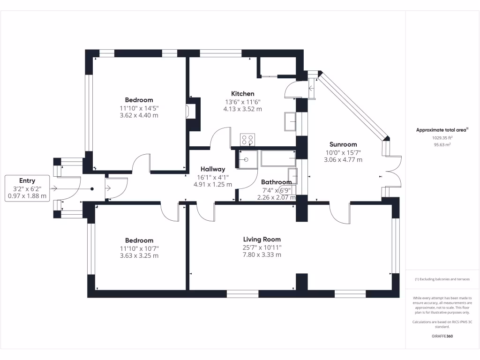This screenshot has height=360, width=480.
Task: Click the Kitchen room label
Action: [x=242, y=94]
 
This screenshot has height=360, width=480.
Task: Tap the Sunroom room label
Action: [x=343, y=144]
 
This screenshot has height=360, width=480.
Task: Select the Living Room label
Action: [x=262, y=240]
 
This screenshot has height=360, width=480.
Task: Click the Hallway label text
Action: [x=213, y=169]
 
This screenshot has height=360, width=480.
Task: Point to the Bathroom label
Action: [x=276, y=182]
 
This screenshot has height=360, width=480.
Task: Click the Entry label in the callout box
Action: [x=27, y=180]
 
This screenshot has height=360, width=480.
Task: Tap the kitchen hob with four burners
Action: [x=247, y=139]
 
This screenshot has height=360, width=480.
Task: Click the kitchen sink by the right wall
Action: [x=290, y=121]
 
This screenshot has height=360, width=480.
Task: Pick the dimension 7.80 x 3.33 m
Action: [x=262, y=255]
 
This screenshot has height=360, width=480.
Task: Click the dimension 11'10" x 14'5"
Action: [x=139, y=108]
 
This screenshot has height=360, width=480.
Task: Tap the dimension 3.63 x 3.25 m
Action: [x=139, y=256]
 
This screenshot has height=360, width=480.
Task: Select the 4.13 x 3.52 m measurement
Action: [x=242, y=109]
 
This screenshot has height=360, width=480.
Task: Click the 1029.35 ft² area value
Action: [x=442, y=138]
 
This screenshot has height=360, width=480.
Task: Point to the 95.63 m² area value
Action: [x=442, y=145]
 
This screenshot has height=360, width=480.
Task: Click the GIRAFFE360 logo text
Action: [x=442, y=336]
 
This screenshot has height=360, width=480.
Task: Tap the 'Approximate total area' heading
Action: [x=442, y=130]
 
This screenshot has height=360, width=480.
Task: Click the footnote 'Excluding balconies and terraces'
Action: [x=442, y=279]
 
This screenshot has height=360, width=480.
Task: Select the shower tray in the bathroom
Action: [x=247, y=159]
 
